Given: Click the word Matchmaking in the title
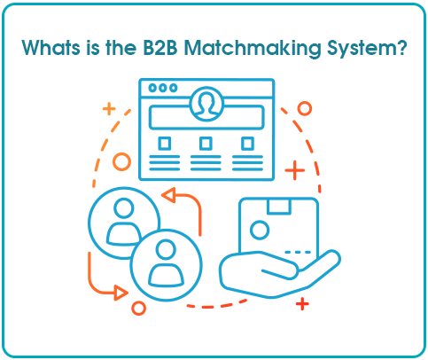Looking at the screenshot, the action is (x=253, y=48).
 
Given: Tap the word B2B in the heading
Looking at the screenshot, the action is (x=160, y=47).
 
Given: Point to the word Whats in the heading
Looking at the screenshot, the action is (x=51, y=47).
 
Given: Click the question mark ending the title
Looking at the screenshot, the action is (x=400, y=47).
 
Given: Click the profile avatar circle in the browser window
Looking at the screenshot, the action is (x=206, y=104).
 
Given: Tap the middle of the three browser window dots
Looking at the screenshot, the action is (x=162, y=88).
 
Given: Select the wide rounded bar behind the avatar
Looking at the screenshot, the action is (x=206, y=117).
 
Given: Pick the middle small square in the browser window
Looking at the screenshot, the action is (x=206, y=144).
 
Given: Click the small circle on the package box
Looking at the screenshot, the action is (x=260, y=230).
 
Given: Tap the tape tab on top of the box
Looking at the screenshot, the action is (x=279, y=207).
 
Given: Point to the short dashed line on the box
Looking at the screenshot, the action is (x=298, y=252).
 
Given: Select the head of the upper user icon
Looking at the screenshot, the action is (x=124, y=208).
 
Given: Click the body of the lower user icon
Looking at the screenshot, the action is (x=166, y=275).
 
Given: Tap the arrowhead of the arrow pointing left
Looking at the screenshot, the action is (x=168, y=195).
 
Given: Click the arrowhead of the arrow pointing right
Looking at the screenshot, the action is (x=121, y=293).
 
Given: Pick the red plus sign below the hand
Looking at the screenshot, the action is (x=302, y=304).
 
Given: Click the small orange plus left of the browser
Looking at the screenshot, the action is (x=109, y=109).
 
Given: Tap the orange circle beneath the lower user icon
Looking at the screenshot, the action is (x=138, y=308).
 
